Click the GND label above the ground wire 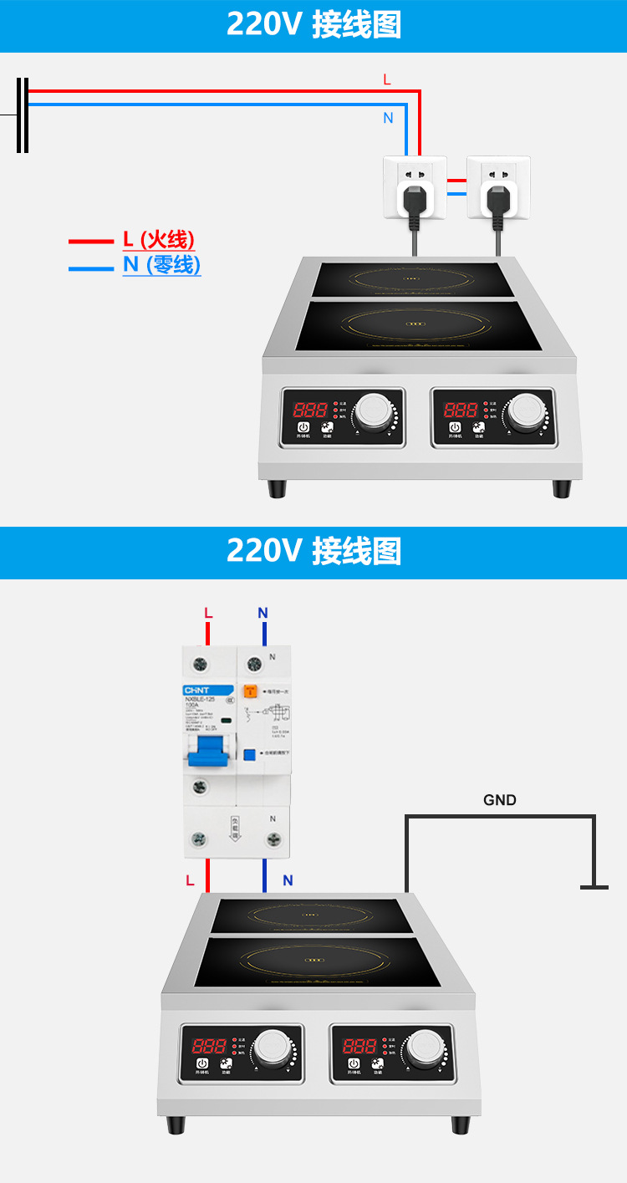pyautogui.click(x=500, y=800)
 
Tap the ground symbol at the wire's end pyautogui.click(x=594, y=885)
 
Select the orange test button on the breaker pyautogui.click(x=249, y=691)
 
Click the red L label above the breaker pyautogui.click(x=208, y=614)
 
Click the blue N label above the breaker pyautogui.click(x=263, y=614)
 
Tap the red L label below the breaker pyautogui.click(x=191, y=880)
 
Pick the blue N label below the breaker pyautogui.click(x=288, y=880)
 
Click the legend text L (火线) pyautogui.click(x=159, y=240)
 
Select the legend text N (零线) pyautogui.click(x=161, y=265)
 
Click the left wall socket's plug pyautogui.click(x=412, y=199)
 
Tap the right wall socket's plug pyautogui.click(x=497, y=199)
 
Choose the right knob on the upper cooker pyautogui.click(x=525, y=410)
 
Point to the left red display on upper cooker pyautogui.click(x=309, y=410)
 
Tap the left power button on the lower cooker pyautogui.click(x=201, y=1063)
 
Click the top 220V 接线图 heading pyautogui.click(x=313, y=25)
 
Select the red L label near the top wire pyautogui.click(x=386, y=79)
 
